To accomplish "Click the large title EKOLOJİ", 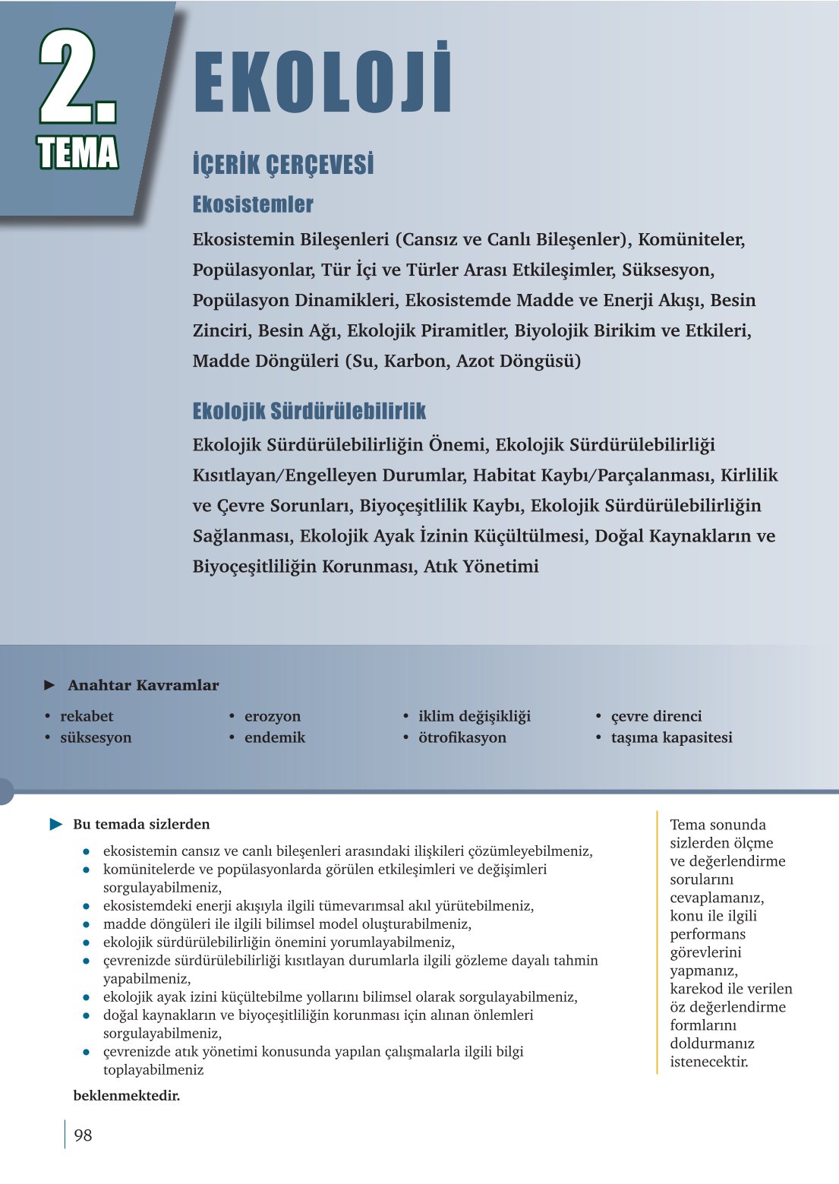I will point(323,81).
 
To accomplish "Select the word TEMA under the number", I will point(77,153).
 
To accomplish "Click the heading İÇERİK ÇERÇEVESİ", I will point(283,165).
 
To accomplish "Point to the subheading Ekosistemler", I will point(253,204).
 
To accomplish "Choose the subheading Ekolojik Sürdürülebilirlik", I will point(309,411).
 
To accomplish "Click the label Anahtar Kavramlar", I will point(143,685).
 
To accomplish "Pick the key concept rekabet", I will point(87,716).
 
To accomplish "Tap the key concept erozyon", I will point(273,716).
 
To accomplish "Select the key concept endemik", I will point(275,737).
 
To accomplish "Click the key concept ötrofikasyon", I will point(462,737).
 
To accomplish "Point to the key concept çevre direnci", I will point(656,716).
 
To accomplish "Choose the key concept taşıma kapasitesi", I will point(671,737).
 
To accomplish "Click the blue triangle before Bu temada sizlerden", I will point(56,824).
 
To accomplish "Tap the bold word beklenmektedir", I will point(127,1095).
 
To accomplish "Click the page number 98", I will point(83,1135).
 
